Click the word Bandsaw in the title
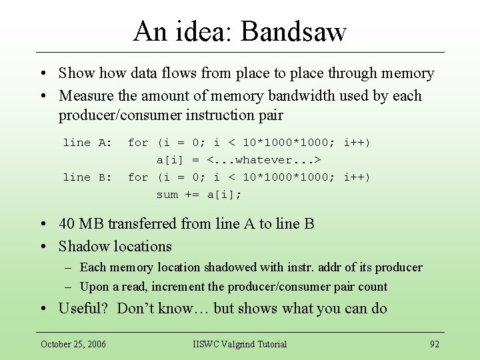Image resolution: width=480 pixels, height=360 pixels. [x=294, y=31]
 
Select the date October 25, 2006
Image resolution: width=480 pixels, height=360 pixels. [x=73, y=344]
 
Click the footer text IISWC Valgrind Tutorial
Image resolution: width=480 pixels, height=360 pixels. [x=239, y=344]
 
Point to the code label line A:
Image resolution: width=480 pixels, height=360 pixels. [x=87, y=143]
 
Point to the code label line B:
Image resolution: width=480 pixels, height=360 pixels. [x=87, y=177]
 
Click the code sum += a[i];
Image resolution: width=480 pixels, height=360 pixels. [x=199, y=195]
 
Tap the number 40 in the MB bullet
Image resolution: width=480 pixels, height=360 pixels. [x=67, y=224]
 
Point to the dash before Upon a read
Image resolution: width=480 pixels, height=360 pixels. [x=69, y=287]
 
